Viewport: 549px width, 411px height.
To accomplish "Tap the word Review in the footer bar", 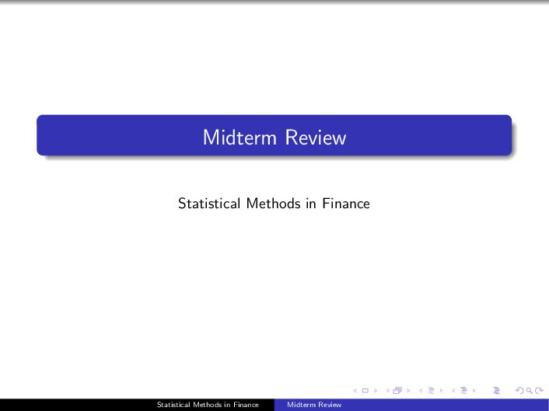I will pos(330,405).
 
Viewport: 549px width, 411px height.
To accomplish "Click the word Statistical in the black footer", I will pos(172,405).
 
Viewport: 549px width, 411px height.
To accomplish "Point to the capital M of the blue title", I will pos(210,138).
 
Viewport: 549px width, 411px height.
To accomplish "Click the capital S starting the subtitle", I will pos(182,204).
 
